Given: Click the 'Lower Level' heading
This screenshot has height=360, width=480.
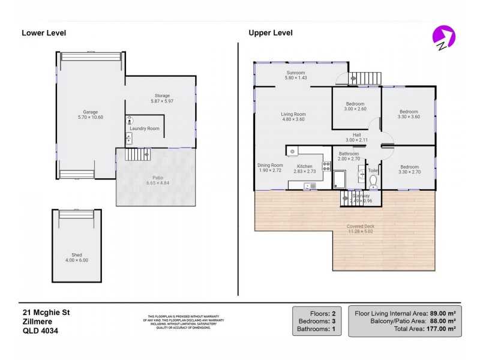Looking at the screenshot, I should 44,33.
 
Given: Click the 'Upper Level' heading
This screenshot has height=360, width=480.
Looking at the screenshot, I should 271,33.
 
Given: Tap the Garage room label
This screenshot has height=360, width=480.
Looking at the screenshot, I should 90,112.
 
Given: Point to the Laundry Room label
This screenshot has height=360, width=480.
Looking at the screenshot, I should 145,128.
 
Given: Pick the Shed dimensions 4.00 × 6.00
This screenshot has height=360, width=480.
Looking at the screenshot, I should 76,261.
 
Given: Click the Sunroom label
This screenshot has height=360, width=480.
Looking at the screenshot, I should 296,73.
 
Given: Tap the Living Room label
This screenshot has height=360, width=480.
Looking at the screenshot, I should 293,114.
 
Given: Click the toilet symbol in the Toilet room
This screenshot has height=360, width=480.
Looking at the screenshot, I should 373,181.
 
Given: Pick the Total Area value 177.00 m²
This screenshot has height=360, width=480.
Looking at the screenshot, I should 442,329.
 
